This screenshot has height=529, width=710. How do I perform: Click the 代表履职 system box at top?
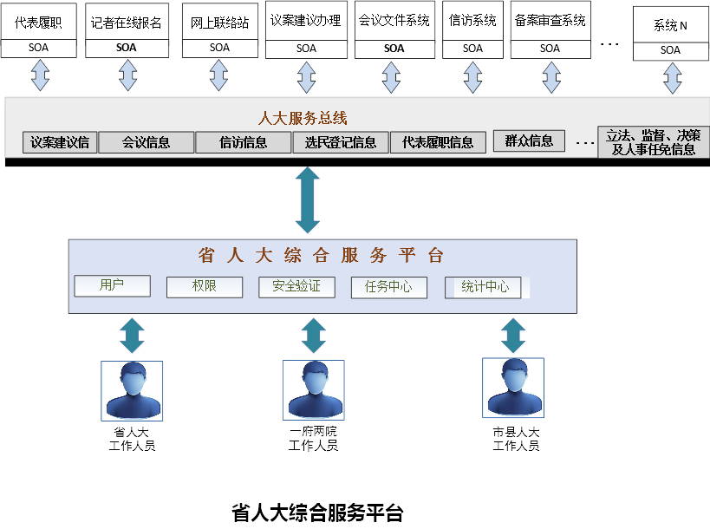[x=38, y=23]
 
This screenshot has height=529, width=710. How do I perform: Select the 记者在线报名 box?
[x=127, y=23]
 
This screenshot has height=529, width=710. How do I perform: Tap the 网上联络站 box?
[x=219, y=23]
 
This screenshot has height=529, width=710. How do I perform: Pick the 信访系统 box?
[x=472, y=21]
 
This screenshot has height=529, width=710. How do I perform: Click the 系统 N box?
[x=670, y=25]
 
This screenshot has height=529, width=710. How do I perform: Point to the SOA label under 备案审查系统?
[x=550, y=49]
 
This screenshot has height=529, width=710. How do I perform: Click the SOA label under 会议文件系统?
[x=394, y=49]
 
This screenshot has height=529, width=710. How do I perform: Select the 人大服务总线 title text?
[x=303, y=118]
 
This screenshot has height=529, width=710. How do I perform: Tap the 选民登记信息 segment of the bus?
[x=341, y=142]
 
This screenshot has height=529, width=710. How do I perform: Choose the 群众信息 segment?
[x=529, y=140]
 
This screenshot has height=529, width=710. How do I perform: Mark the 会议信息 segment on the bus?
[x=146, y=142]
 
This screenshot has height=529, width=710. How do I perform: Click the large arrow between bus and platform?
[x=308, y=200]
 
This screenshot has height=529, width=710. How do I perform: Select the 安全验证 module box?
[x=296, y=286]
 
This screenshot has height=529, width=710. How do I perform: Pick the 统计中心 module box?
[x=484, y=287]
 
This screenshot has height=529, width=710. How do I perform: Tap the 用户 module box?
[x=113, y=285]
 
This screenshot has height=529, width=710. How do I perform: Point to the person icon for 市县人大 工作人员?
[x=513, y=388]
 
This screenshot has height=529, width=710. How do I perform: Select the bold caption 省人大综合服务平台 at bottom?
[x=317, y=513]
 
